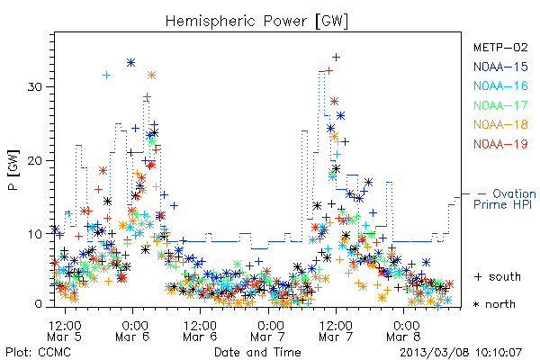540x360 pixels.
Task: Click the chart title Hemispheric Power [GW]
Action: pyautogui.click(x=256, y=21)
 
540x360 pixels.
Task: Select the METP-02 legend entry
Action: pyautogui.click(x=500, y=47)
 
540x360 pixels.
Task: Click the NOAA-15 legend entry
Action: pyautogui.click(x=500, y=67)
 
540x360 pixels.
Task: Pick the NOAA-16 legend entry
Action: pyautogui.click(x=500, y=85)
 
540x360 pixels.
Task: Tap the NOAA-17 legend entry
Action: pyautogui.click(x=500, y=105)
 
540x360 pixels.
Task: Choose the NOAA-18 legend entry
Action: pyautogui.click(x=500, y=124)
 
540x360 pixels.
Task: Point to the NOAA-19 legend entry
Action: pyautogui.click(x=500, y=144)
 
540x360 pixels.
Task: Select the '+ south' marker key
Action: pyautogui.click(x=498, y=276)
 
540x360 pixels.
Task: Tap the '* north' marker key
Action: pyautogui.click(x=494, y=304)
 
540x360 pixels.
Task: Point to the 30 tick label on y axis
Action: pyautogui.click(x=35, y=86)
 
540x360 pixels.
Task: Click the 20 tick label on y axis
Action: pyautogui.click(x=35, y=160)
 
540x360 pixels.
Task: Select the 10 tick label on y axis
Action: pyautogui.click(x=35, y=234)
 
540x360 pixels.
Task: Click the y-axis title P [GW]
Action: pyautogui.click(x=13, y=170)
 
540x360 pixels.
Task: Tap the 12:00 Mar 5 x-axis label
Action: pyautogui.click(x=65, y=331)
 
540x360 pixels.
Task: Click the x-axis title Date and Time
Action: pyautogui.click(x=257, y=353)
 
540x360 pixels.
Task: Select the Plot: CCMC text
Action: pyautogui.click(x=38, y=353)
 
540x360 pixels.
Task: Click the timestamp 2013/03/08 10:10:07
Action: pyautogui.click(x=461, y=353)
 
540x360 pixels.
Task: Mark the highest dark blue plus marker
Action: pyautogui.click(x=336, y=58)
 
